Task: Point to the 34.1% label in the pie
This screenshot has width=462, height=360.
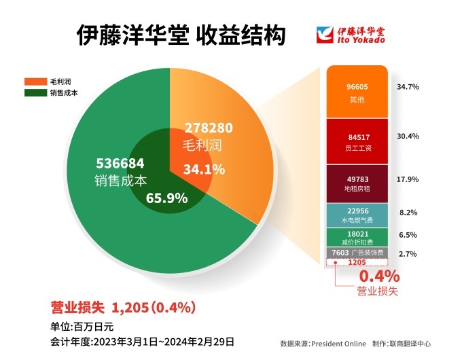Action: (204, 169)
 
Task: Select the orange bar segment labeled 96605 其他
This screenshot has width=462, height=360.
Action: (357, 92)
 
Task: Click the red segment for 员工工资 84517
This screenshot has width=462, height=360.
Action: (357, 140)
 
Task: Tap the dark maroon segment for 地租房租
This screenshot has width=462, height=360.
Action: (357, 183)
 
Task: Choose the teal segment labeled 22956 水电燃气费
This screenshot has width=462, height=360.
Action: (357, 215)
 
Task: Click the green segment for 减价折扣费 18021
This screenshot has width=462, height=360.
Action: (357, 237)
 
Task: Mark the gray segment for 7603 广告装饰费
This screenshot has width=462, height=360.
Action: (357, 253)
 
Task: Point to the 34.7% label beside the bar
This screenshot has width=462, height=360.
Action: (407, 88)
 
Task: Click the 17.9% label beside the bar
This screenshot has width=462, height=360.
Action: (407, 179)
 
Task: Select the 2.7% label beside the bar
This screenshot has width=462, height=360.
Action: (407, 254)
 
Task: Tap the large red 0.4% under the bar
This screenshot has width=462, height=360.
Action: (378, 276)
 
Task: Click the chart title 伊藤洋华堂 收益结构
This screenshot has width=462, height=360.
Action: (181, 35)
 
